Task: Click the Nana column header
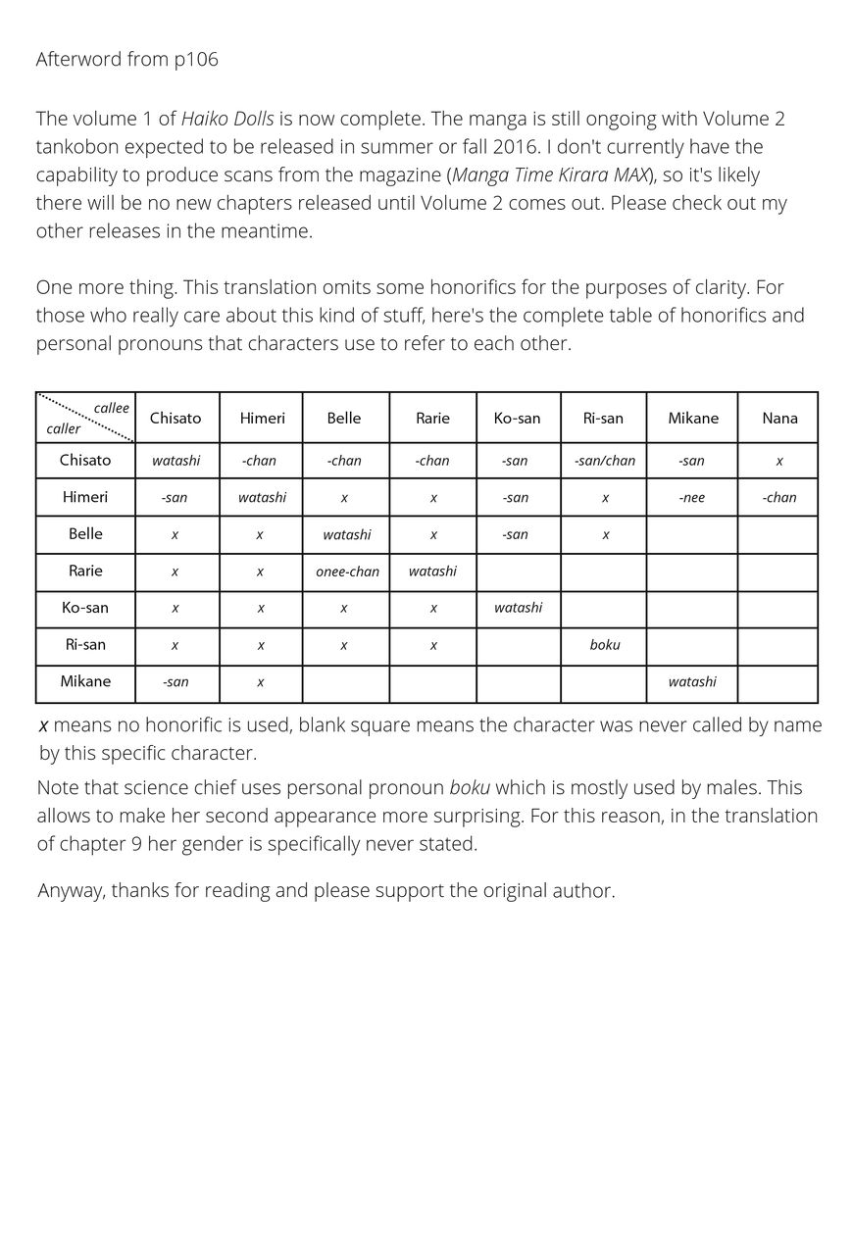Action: click(779, 418)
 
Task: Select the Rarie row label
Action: click(85, 571)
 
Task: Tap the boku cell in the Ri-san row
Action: click(605, 645)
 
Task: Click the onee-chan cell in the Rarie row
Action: click(347, 572)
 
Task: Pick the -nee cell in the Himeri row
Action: click(691, 497)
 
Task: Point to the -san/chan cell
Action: click(604, 460)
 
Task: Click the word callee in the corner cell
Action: click(111, 408)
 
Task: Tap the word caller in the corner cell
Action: click(64, 428)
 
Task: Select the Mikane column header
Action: click(693, 418)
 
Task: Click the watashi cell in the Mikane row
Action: click(692, 681)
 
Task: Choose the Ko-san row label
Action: click(85, 608)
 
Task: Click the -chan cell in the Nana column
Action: click(779, 497)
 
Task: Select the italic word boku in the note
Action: click(470, 788)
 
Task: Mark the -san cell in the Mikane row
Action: click(175, 681)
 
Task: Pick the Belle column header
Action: click(344, 418)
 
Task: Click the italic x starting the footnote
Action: click(43, 726)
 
